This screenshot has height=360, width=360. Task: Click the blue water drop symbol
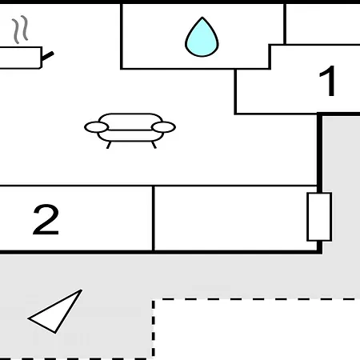point(202,38)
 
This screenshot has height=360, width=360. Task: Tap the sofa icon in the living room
point(130,130)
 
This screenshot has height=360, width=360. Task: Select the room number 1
point(328,81)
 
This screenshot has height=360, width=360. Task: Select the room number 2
point(46,220)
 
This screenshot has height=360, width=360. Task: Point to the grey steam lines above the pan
point(20,29)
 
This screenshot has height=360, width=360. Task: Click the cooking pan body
point(21,58)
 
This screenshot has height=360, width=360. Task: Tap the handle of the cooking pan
point(48,56)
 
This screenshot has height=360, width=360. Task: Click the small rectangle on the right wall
point(319,217)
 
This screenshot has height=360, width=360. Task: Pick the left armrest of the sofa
point(96,127)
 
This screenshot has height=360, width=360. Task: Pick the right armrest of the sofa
point(163,127)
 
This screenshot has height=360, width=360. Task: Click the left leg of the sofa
point(109,145)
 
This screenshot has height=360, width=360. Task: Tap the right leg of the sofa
point(154,145)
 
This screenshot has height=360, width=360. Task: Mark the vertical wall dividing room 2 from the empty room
point(154,218)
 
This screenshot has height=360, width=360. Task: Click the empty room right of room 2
point(230,218)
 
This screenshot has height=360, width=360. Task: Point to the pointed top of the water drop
point(202,18)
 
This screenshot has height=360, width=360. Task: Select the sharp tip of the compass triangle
point(81,290)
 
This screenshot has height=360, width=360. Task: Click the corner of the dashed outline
point(154,300)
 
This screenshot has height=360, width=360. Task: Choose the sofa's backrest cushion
point(130,122)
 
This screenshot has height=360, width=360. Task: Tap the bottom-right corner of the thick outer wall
point(319,251)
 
